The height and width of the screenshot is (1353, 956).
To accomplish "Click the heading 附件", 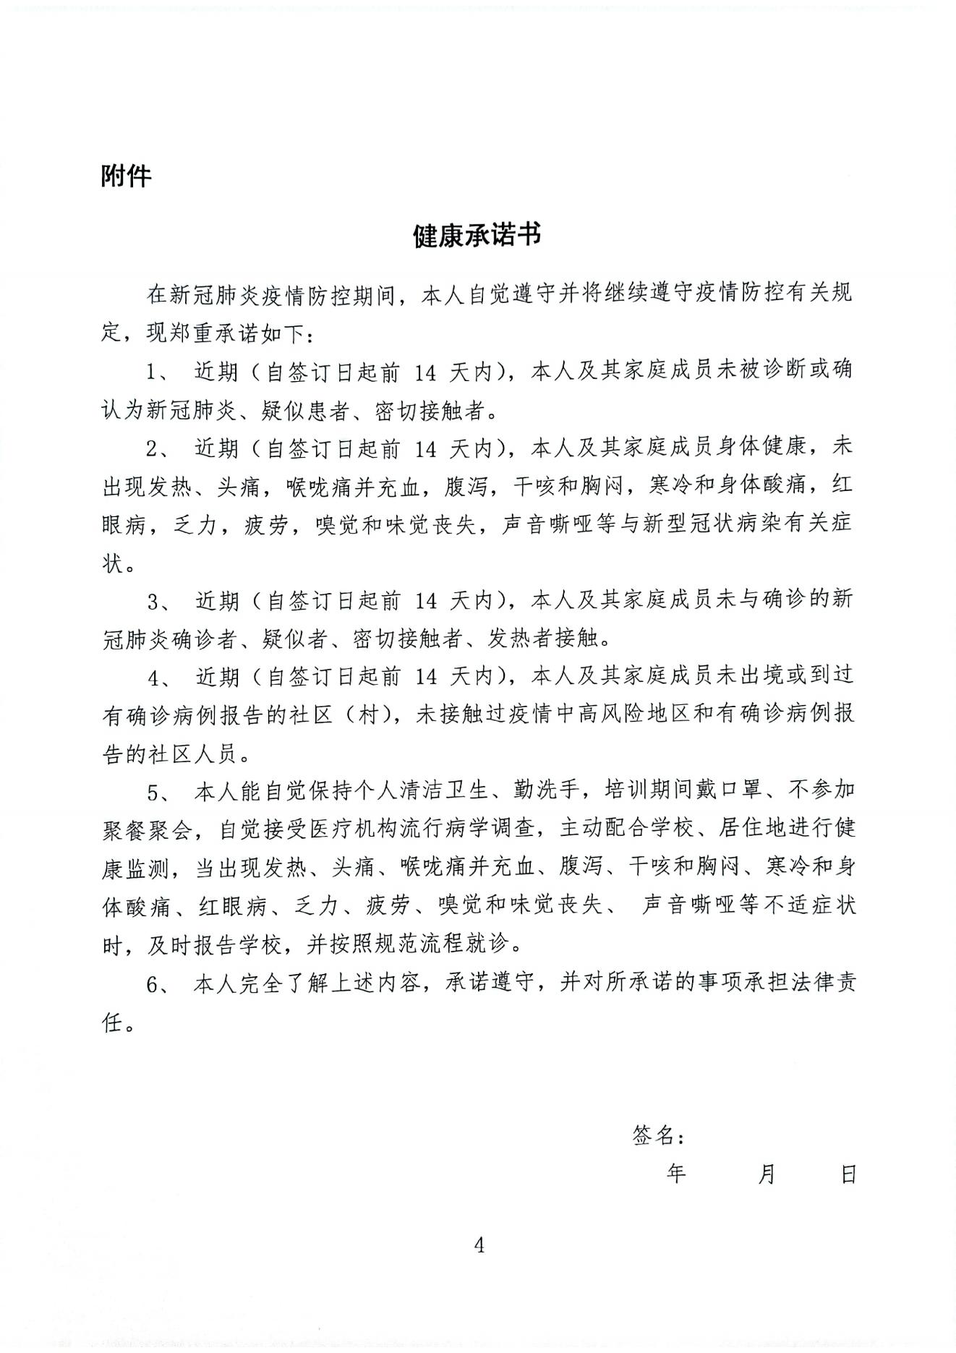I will click(126, 176).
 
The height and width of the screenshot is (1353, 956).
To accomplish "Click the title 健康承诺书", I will click(477, 236).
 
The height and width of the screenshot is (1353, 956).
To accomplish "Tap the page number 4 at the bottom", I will click(478, 1245).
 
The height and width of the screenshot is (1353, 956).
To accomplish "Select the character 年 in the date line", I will click(676, 1173).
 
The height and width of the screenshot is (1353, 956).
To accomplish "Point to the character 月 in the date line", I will click(767, 1173).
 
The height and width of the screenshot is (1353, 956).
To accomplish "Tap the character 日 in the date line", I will click(848, 1173).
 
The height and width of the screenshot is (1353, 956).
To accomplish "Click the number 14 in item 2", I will click(426, 449).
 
